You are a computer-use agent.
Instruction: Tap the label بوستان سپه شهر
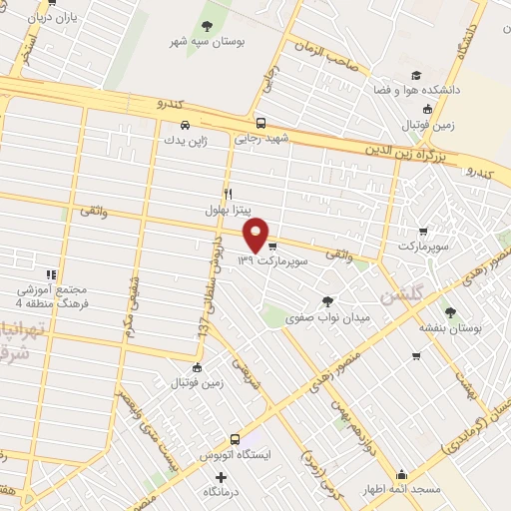point(207,44)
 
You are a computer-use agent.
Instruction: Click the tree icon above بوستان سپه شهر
point(207,26)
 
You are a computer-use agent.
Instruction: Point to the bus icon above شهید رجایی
point(260,123)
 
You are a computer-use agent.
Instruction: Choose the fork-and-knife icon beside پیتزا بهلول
point(229,194)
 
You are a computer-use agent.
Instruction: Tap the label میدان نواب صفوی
point(328,317)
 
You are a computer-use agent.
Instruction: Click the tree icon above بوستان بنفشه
point(450,310)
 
